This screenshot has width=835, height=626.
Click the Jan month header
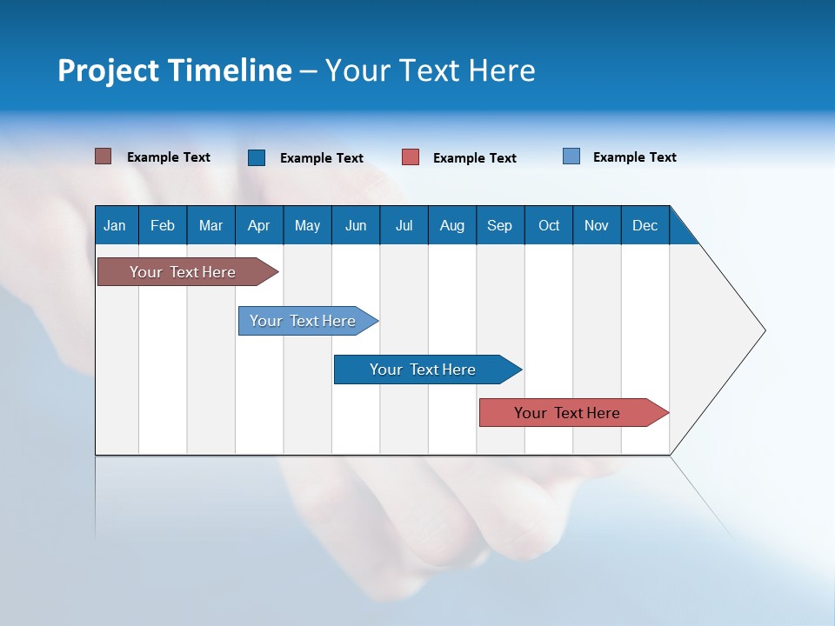coord(115,225)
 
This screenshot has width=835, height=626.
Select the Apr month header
coord(258,225)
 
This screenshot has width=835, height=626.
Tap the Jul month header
coord(404,225)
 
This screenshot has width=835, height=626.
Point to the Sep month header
coord(499,225)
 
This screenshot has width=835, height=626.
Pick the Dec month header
coord(645,225)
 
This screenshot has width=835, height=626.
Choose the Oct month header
coord(549,225)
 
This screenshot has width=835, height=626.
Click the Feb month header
coord(163,225)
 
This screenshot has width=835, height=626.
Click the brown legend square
coord(103,156)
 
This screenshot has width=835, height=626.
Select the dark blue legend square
coord(257,157)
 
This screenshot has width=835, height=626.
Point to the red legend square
coord(411,157)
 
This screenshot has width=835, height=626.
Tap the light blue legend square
coord(571,156)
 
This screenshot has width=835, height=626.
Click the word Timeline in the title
coord(230,70)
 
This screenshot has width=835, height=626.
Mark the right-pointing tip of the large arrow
coord(764,330)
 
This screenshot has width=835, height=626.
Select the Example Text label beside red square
coord(474,158)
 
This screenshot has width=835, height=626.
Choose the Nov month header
coord(597,225)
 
